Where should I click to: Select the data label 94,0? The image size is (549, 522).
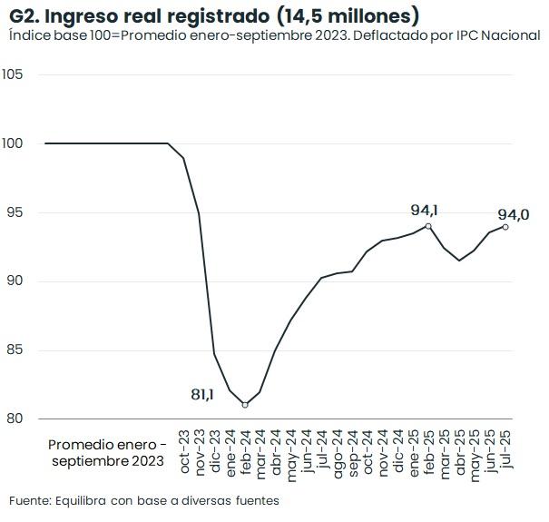pos(514,214)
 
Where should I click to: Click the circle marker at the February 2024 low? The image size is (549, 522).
pos(245,404)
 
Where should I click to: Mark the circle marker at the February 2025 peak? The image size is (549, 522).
pos(428,226)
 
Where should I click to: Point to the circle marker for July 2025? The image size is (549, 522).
pos(505,227)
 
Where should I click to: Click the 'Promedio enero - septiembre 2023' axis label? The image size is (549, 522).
pos(107,453)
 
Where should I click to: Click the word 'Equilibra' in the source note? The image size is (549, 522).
pos(83,500)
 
